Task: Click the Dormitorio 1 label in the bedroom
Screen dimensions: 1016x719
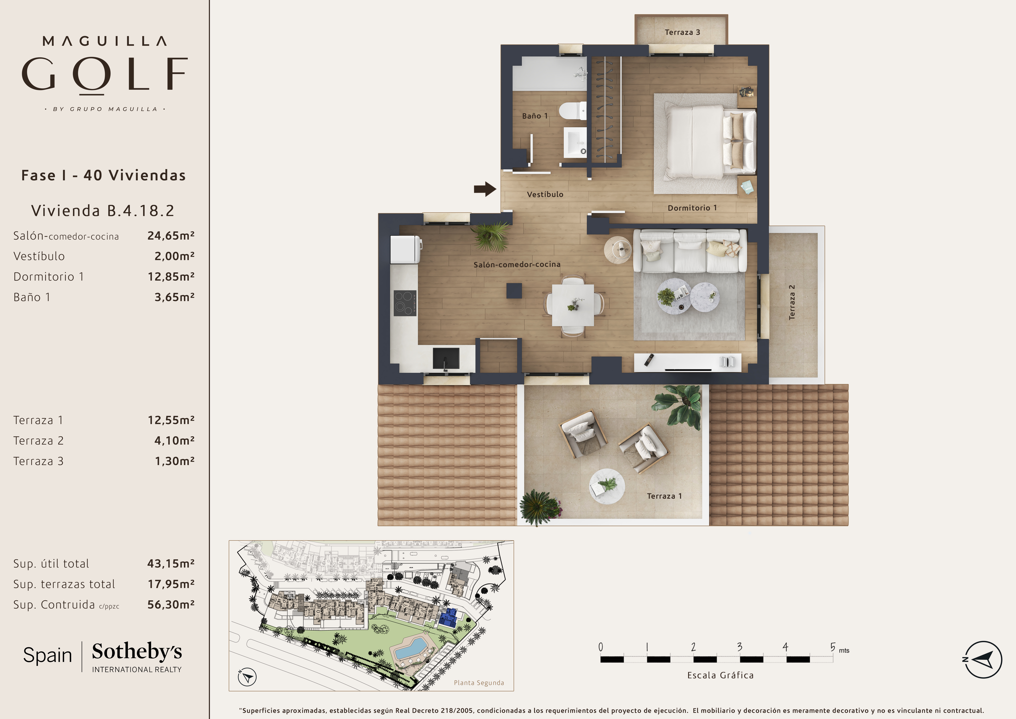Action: (x=692, y=208)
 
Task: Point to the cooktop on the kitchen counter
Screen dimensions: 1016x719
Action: (x=405, y=303)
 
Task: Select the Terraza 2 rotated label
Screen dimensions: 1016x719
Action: (x=792, y=302)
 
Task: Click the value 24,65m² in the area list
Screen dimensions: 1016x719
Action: (x=171, y=235)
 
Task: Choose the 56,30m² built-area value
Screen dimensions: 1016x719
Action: (x=171, y=604)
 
